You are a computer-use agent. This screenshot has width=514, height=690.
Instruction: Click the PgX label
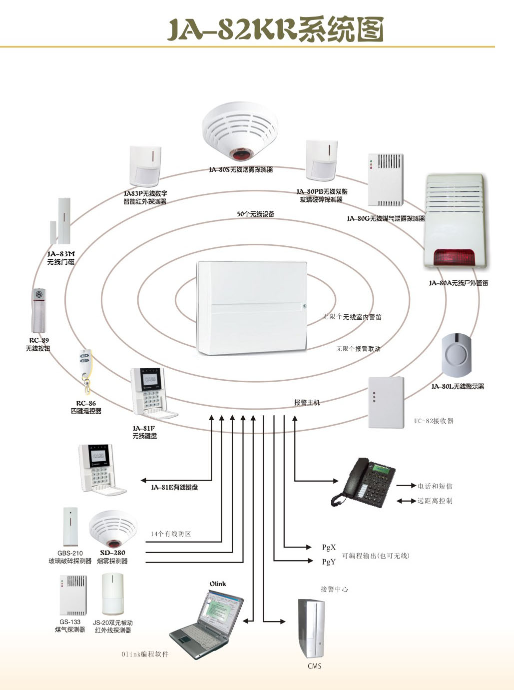[x=329, y=548]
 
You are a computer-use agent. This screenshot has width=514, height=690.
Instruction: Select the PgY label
[x=329, y=562]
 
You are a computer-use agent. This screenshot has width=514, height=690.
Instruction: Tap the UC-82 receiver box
[x=386, y=403]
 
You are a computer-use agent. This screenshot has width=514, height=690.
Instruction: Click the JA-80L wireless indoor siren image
[x=457, y=355]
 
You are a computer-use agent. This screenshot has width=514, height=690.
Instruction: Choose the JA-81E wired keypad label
[x=174, y=487]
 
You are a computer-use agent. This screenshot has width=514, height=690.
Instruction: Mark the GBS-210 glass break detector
[x=70, y=527]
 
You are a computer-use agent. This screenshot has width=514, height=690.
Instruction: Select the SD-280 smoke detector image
[x=113, y=530]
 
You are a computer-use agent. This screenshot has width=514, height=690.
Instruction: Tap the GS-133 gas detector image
[x=73, y=595]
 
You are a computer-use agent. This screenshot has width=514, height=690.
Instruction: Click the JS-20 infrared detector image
[x=113, y=594]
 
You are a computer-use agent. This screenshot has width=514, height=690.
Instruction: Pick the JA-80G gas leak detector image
[x=385, y=180]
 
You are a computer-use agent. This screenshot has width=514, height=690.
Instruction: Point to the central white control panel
[x=252, y=307]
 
